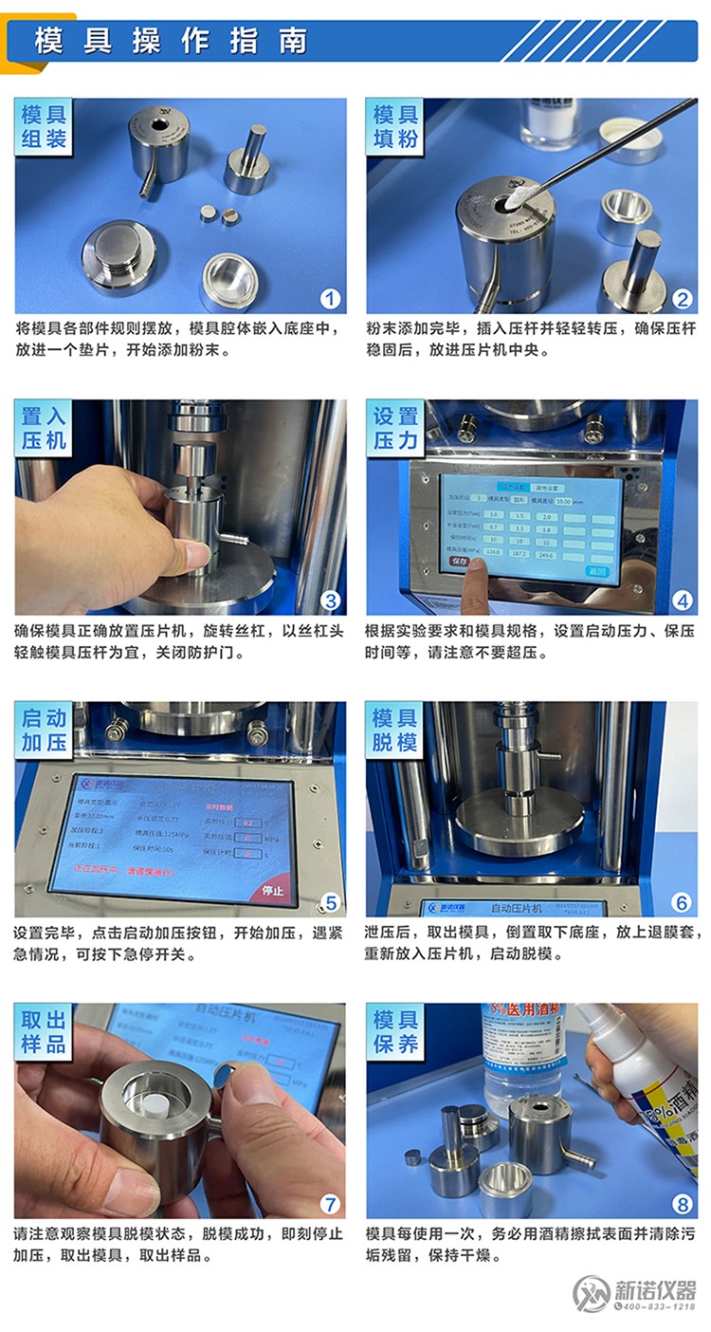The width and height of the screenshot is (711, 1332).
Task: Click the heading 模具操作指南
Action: pos(172,41)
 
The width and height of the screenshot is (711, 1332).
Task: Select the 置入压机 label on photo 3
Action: pos(45,429)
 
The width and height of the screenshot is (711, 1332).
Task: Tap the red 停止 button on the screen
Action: pos(272,891)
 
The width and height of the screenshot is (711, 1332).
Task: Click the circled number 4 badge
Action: pos(681,600)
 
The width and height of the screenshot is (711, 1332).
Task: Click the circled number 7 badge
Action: pos(329,1205)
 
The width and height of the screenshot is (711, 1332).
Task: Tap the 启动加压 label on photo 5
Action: pos(45,731)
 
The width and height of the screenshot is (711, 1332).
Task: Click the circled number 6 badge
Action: pos(681,902)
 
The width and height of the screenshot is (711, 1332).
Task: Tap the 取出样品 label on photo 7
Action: pos(45,1032)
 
